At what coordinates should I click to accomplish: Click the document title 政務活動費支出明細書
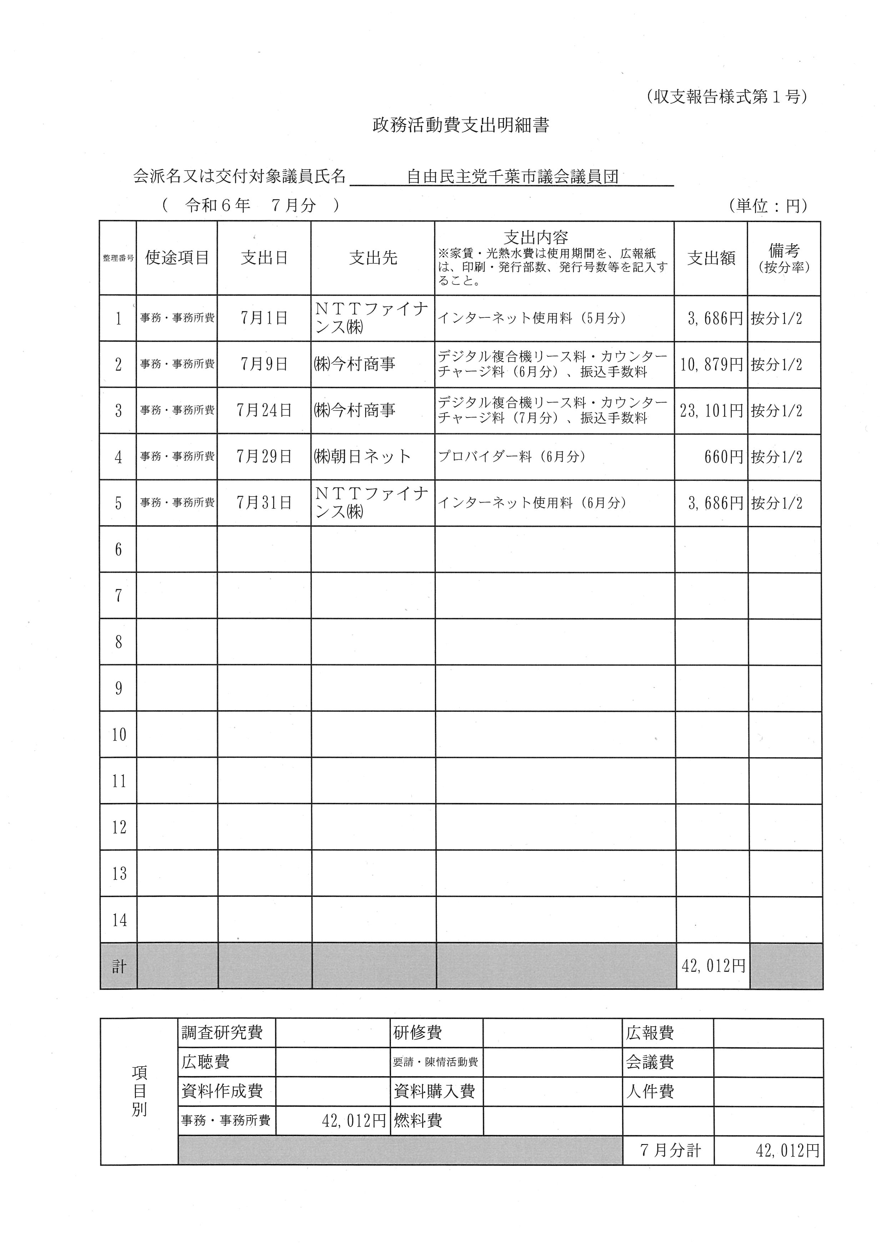(460, 126)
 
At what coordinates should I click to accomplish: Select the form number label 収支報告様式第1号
(726, 97)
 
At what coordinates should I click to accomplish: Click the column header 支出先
(373, 258)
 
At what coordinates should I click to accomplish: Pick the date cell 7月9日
(264, 364)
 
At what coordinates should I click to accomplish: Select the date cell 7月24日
(264, 411)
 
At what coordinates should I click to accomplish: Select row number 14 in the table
(119, 921)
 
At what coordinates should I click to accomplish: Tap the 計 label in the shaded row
(119, 967)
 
